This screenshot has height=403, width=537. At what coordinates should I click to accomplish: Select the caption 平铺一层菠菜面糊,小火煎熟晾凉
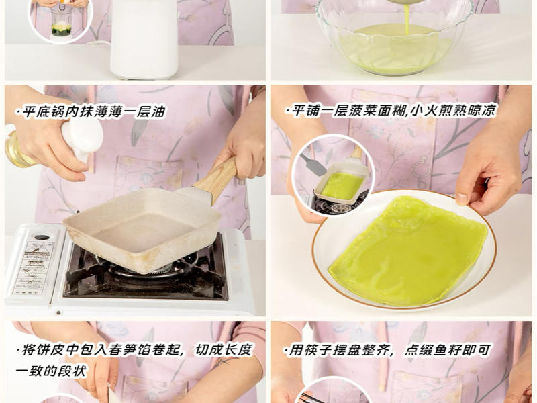390,110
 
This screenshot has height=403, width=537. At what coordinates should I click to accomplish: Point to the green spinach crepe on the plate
409,249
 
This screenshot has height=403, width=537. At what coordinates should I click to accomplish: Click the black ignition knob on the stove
42,237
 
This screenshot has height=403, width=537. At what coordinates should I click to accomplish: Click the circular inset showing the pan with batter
333,176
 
